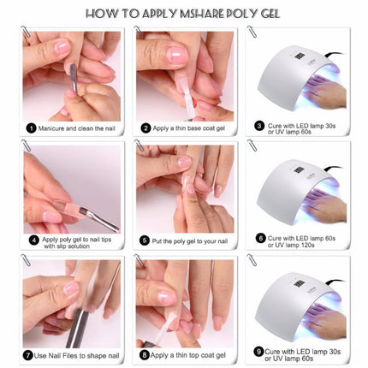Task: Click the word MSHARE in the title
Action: pos(205,14)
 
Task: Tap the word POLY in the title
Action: pos(256,14)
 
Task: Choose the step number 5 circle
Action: pos(145,240)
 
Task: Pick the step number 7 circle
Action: pos(31,353)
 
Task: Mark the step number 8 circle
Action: pos(145,353)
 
